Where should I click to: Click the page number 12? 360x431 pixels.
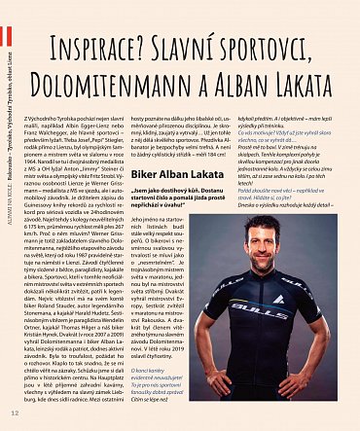click(14, 414)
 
